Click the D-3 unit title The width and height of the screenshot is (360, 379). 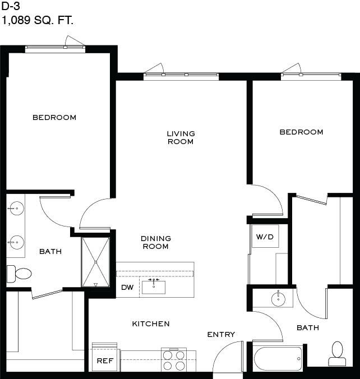click(x=11, y=6)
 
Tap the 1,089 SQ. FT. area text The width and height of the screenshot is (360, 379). click(x=37, y=20)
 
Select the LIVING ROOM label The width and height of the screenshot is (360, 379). click(x=181, y=137)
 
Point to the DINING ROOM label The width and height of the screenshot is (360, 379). click(x=156, y=242)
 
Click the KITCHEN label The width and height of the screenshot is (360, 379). click(x=151, y=323)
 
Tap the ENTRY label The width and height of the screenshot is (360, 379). click(x=221, y=334)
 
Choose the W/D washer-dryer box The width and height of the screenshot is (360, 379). click(x=265, y=236)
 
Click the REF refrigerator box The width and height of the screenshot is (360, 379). click(x=105, y=357)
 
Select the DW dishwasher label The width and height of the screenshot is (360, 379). click(x=127, y=288)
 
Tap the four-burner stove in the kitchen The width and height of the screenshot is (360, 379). click(x=174, y=360)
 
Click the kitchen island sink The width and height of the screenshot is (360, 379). click(x=154, y=286)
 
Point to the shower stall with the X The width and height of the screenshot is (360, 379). click(x=95, y=262)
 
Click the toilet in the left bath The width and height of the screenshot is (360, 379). click(x=19, y=274)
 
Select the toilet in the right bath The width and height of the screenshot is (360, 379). click(x=337, y=354)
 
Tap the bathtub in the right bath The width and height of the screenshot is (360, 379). click(x=278, y=359)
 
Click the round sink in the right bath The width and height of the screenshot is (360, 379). click(x=278, y=299)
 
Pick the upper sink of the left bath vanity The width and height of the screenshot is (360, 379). click(x=16, y=208)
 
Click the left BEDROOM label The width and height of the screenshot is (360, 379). click(x=54, y=118)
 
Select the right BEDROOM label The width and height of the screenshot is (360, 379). click(x=302, y=132)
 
